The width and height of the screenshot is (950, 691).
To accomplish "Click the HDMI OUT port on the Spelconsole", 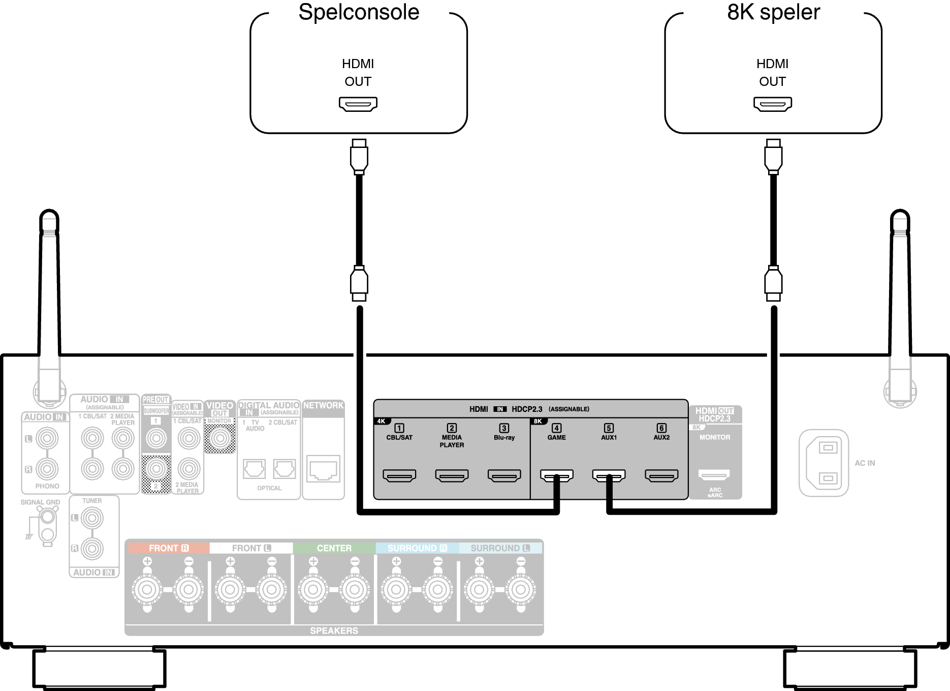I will point(358,104).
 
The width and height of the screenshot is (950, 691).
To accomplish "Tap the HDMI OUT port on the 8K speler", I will point(773,104).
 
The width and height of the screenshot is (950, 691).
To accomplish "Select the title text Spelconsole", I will point(359,12).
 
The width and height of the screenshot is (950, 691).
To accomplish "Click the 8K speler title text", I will point(773,12).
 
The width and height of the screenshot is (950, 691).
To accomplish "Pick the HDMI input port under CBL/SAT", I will point(399,475).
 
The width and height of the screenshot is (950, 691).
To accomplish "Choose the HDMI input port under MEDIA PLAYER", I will point(452,475).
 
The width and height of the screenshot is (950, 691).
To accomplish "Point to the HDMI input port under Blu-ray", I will point(504,475).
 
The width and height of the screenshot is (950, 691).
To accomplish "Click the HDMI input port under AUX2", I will point(661,475).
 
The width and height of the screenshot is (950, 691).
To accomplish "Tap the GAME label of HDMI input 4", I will point(556,437).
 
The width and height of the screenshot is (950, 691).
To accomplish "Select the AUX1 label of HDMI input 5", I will point(609,437).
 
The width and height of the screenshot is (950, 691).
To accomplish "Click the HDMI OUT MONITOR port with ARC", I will point(714,475).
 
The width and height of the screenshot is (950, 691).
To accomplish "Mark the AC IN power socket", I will point(824,463).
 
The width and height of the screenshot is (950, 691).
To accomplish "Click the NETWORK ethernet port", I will point(323,469).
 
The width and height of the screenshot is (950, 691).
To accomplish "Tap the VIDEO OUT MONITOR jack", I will point(220,438).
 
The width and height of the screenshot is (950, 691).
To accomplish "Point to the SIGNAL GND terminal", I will point(47,518).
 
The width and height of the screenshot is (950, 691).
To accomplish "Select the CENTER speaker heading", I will point(334,548).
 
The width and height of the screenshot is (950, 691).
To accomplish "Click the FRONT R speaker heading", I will point(168,548).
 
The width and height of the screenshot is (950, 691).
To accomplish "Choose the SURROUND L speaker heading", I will point(500,548).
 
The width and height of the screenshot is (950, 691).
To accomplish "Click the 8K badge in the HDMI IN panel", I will point(537,422).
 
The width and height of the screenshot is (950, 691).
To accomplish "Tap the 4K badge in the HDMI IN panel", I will point(381,422).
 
